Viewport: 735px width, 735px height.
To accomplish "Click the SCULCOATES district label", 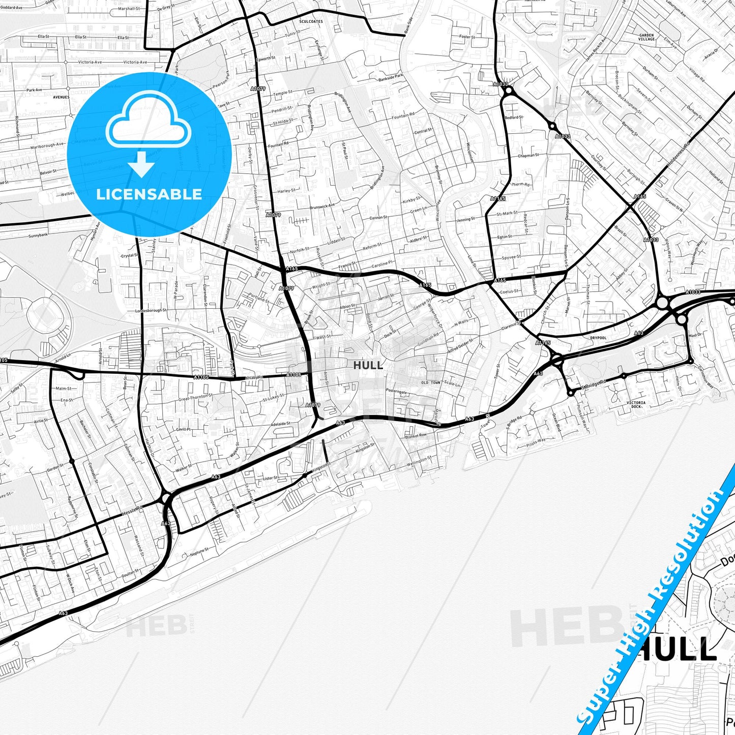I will (x=311, y=22).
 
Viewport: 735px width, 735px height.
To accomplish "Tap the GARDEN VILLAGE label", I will (x=646, y=37).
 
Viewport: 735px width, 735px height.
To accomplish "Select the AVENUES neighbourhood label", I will (x=61, y=97).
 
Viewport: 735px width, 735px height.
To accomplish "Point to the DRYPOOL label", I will (x=598, y=338).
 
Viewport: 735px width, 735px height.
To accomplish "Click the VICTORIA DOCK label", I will (x=636, y=404).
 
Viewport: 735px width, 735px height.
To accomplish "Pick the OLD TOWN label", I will (x=430, y=383).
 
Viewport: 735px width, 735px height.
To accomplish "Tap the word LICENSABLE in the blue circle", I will (x=149, y=194).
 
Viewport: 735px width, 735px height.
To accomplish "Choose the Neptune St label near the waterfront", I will (x=199, y=551).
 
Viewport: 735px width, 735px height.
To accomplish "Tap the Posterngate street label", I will (x=396, y=391).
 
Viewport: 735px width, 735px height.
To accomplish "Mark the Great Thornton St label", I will (x=195, y=397).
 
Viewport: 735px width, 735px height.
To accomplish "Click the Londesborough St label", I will (x=151, y=310).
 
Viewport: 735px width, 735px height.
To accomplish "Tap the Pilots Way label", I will (x=536, y=440).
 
